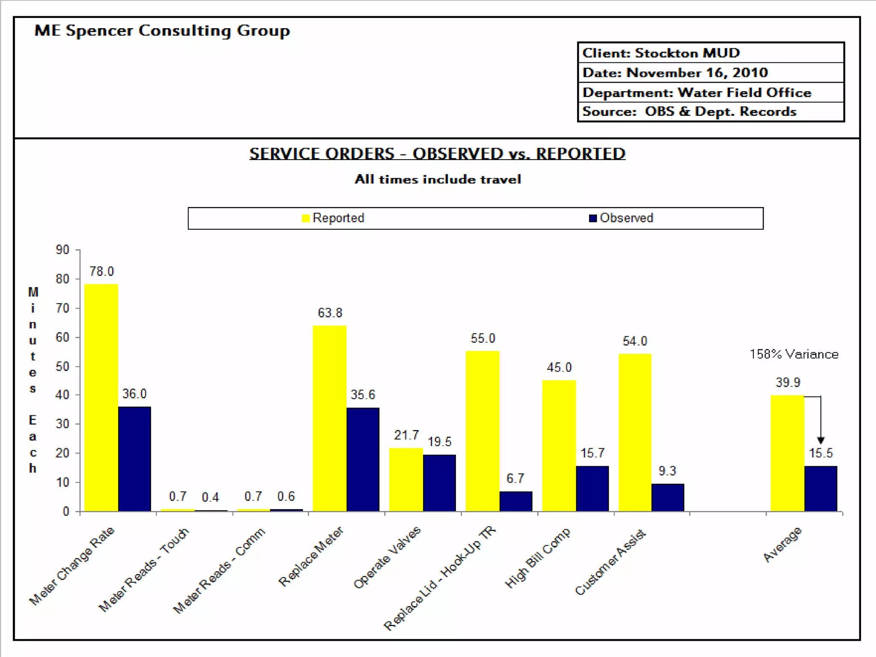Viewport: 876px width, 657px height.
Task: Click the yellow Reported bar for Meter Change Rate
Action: pos(101,398)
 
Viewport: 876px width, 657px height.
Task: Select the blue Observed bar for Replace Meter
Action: pos(363,459)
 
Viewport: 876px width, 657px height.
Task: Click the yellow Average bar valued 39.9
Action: pos(787,453)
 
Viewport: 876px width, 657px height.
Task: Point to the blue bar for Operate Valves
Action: pos(439,483)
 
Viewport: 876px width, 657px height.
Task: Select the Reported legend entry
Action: pos(333,218)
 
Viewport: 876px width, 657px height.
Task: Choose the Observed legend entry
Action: pos(621,218)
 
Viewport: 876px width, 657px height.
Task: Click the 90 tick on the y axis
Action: pos(62,250)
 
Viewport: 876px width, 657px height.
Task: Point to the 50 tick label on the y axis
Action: pos(62,367)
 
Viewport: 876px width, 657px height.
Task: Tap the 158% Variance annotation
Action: pos(794,354)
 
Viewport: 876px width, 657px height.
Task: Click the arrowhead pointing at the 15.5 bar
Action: pos(820,440)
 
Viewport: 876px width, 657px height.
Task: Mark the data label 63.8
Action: pos(330,313)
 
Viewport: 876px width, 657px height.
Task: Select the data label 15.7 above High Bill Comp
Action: pos(592,453)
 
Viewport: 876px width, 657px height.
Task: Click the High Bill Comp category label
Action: pos(538,558)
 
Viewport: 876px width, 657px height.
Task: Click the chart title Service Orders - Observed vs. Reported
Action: pos(437,154)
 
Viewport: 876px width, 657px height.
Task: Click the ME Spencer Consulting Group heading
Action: pos(162,31)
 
